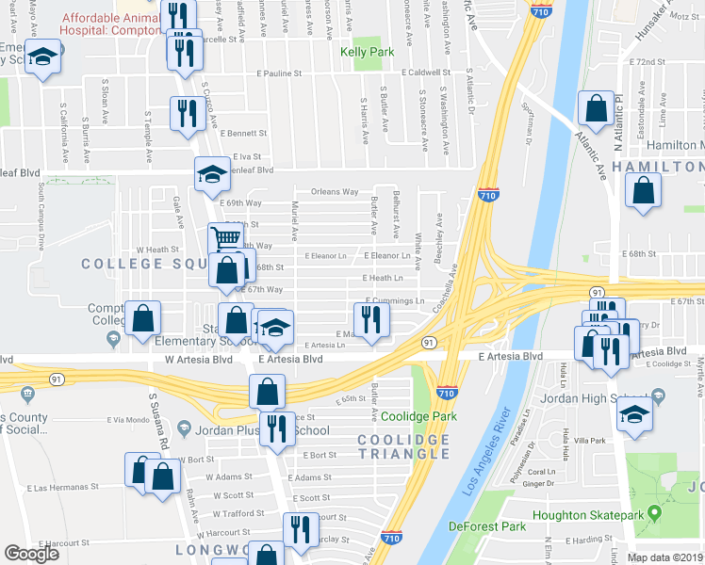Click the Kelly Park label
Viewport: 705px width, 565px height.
click(x=367, y=53)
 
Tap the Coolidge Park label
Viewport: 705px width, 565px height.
click(x=418, y=415)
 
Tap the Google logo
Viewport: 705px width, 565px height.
click(x=31, y=554)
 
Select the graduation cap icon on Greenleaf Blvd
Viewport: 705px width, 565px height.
click(x=212, y=172)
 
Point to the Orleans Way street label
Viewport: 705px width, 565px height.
click(x=335, y=191)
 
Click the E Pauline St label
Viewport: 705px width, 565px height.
click(x=281, y=73)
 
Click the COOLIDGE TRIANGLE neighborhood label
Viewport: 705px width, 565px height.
click(x=403, y=446)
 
